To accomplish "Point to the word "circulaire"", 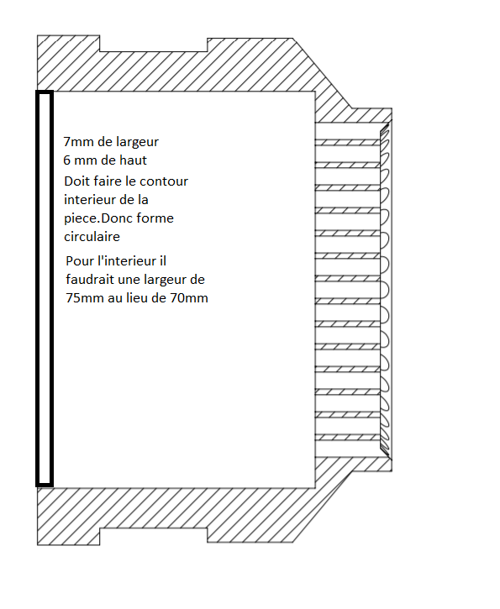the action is click(x=92, y=237).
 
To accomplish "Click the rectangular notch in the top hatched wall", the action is click(x=153, y=44).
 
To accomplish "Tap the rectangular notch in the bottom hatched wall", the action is click(x=153, y=536).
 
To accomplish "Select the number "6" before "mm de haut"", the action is click(x=67, y=160).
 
